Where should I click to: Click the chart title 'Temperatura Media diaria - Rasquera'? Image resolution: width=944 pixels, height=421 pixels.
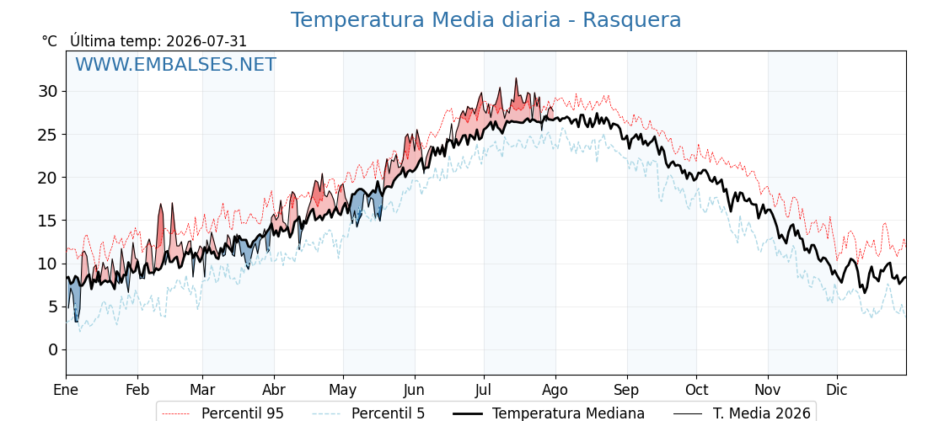point(485,20)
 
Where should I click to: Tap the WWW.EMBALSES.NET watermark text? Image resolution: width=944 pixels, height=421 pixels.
point(176,64)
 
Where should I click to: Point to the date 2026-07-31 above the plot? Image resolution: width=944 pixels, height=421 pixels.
point(206,41)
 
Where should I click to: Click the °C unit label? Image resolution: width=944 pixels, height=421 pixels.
point(50,41)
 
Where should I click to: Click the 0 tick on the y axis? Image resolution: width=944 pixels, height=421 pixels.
point(54,350)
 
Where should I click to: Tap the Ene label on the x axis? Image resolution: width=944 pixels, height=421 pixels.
point(66,390)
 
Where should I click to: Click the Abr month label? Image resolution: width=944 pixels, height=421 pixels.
point(274,390)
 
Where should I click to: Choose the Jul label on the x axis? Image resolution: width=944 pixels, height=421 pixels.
point(484,390)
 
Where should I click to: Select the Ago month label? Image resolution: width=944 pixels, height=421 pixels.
point(555,391)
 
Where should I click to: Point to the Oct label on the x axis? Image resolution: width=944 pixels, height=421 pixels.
point(696,390)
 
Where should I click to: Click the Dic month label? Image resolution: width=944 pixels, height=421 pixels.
point(837,390)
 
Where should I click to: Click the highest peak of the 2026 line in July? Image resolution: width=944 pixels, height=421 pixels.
point(516,78)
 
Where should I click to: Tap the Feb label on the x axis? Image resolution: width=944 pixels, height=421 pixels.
point(137,390)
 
